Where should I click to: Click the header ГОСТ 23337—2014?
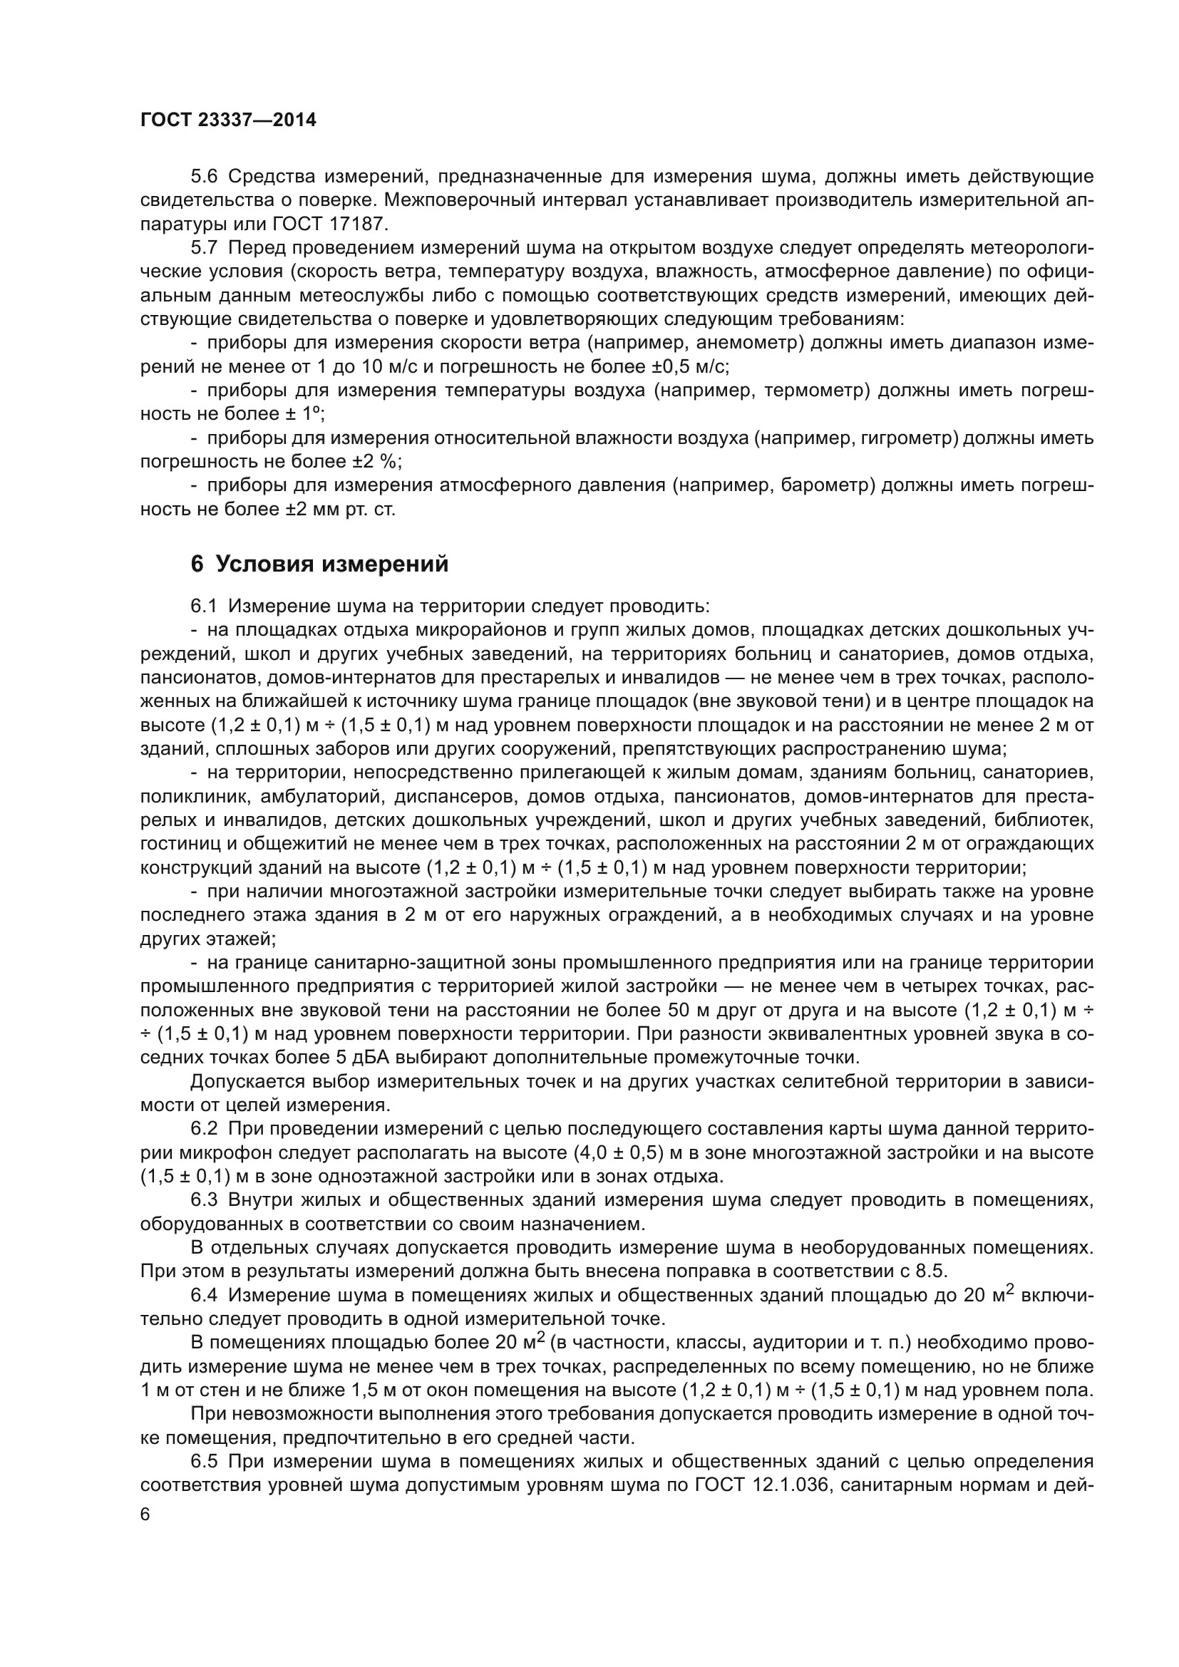[228, 120]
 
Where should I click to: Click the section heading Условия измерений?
[331, 564]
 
